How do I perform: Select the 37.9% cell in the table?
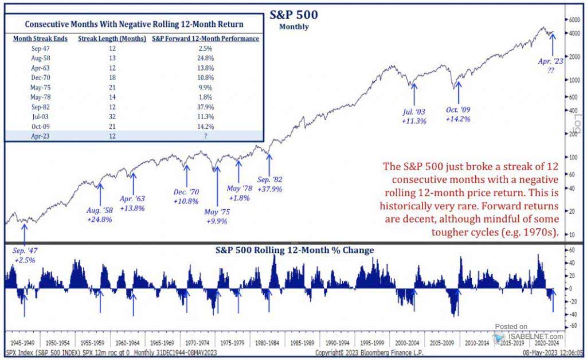205,107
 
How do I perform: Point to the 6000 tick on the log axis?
573,19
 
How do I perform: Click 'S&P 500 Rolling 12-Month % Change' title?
294,250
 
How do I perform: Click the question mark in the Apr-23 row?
205,136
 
